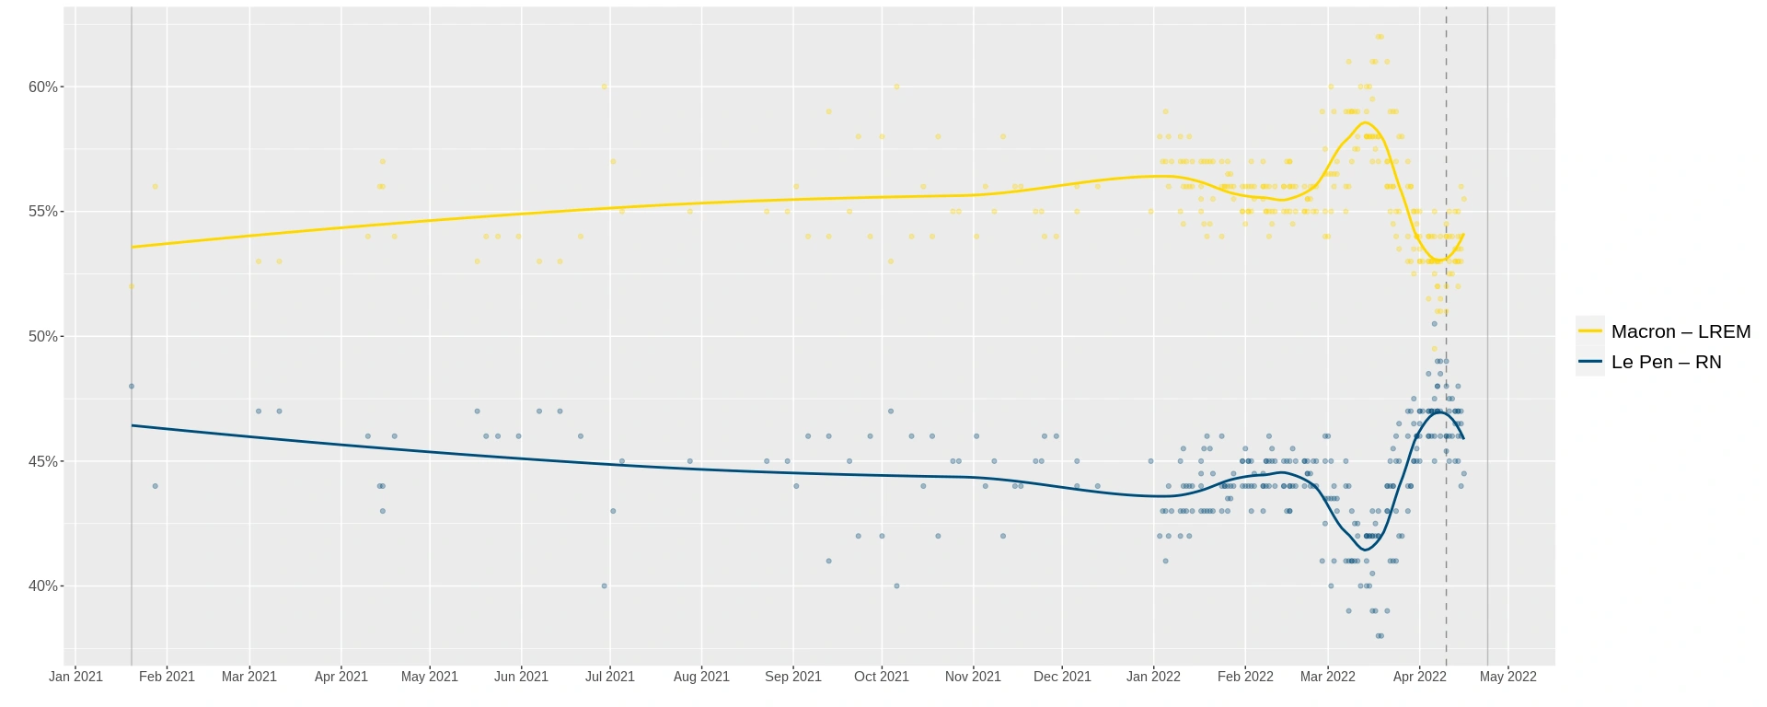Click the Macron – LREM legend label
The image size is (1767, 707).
(x=1680, y=331)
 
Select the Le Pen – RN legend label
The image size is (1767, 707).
(x=1666, y=362)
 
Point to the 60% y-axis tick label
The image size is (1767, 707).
(x=42, y=87)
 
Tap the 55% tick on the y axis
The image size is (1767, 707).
(x=42, y=212)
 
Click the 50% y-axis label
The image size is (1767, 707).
(x=42, y=337)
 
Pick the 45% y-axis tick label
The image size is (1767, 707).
(x=42, y=461)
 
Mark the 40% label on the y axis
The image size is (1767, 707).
(x=42, y=586)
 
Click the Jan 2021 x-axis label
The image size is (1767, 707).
(x=75, y=677)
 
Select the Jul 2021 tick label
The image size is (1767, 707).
(x=609, y=677)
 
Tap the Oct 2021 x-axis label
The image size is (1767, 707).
(x=881, y=677)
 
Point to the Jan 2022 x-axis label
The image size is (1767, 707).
(x=1153, y=677)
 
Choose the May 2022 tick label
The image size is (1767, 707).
(x=1507, y=677)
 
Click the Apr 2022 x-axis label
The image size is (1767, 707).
(x=1419, y=677)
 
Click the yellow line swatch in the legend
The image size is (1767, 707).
(x=1590, y=331)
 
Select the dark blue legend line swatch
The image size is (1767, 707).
(x=1590, y=362)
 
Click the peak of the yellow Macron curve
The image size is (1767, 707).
(x=1367, y=122)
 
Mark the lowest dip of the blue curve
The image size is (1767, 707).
(x=1366, y=550)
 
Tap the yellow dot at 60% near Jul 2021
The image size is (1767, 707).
(x=604, y=87)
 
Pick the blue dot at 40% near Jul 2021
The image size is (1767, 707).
(x=604, y=585)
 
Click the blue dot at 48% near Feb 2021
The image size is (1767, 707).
(x=132, y=387)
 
